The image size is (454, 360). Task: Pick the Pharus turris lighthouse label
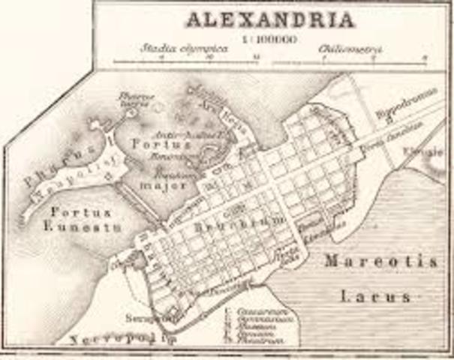(x=137, y=97)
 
